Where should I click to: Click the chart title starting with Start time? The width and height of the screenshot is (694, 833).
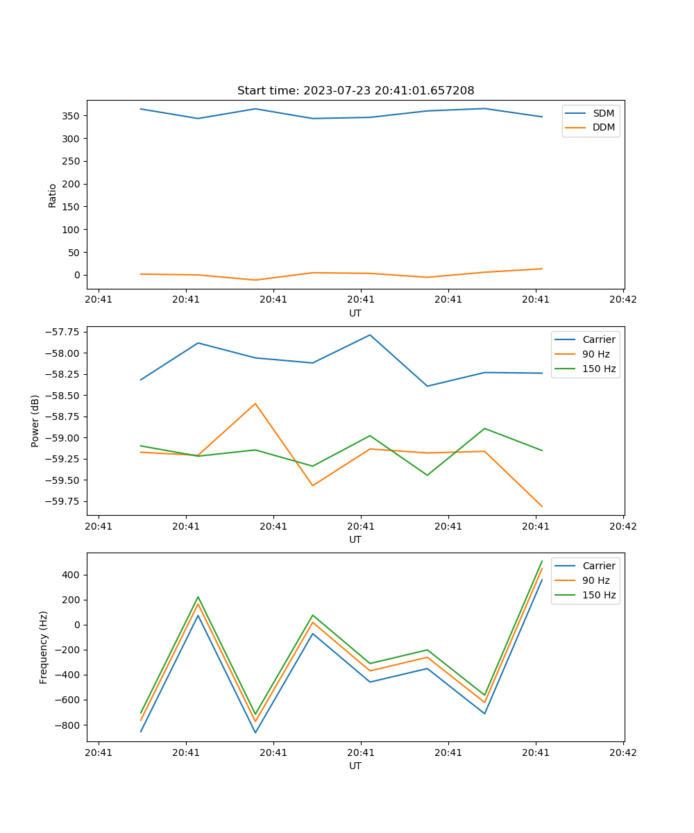click(355, 91)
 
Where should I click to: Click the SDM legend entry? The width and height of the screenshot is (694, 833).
click(603, 113)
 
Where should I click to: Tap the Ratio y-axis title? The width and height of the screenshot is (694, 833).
click(53, 196)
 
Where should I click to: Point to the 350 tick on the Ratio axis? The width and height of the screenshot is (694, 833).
click(72, 116)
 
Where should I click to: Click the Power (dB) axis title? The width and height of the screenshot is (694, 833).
click(35, 421)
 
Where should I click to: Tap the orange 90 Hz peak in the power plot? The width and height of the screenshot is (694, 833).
click(255, 403)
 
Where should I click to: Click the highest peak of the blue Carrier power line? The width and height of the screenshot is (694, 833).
click(370, 335)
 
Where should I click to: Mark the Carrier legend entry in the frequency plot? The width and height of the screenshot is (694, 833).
click(599, 566)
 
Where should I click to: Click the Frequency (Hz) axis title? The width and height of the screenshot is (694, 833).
click(44, 647)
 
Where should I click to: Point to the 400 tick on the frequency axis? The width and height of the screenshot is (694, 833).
click(72, 575)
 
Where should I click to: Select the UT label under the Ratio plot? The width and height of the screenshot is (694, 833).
click(355, 313)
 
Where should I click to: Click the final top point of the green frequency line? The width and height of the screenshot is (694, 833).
click(541, 561)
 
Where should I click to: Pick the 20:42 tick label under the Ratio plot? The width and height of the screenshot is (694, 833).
click(623, 300)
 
